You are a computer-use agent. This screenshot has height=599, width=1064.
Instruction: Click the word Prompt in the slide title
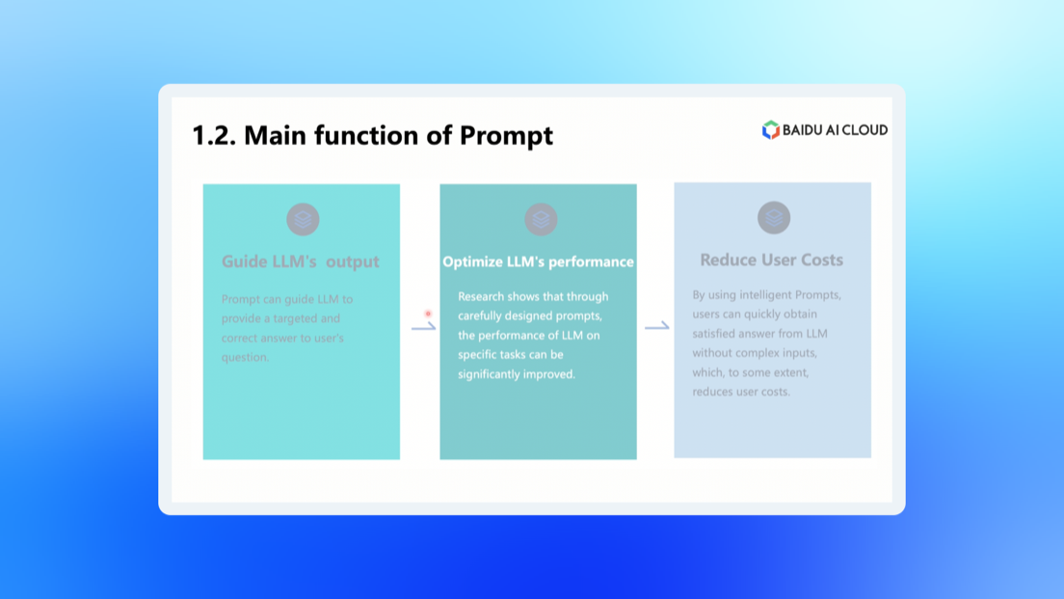pyautogui.click(x=506, y=136)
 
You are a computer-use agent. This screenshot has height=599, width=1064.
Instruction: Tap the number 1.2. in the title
pyautogui.click(x=214, y=135)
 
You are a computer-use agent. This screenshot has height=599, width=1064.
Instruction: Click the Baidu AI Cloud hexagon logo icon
pyautogui.click(x=770, y=129)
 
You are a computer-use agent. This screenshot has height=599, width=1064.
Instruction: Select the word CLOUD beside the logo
pyautogui.click(x=862, y=129)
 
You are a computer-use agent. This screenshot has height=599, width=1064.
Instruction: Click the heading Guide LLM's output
pyautogui.click(x=300, y=261)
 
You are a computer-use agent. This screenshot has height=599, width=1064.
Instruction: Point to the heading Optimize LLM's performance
pyautogui.click(x=538, y=261)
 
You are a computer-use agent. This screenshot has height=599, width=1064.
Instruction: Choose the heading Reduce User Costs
pyautogui.click(x=772, y=259)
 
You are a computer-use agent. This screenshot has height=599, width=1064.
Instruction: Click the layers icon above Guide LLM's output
pyautogui.click(x=303, y=219)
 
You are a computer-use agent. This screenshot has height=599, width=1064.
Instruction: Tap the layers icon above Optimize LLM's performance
pyautogui.click(x=541, y=219)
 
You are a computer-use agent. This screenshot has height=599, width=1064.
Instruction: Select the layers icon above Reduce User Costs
pyautogui.click(x=774, y=217)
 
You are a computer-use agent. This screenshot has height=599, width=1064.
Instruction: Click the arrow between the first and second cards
pyautogui.click(x=423, y=327)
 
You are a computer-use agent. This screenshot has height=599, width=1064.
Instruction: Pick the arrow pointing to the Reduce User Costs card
pyautogui.click(x=657, y=326)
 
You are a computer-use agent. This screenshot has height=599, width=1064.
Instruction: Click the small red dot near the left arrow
pyautogui.click(x=428, y=313)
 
